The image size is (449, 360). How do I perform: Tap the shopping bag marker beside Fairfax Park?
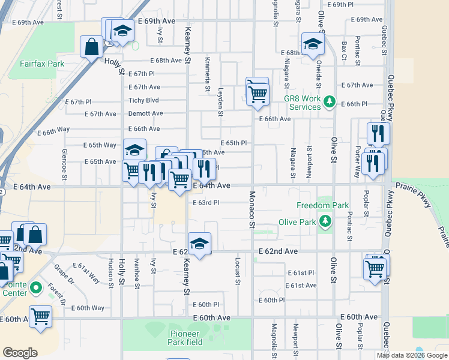pos(91,47)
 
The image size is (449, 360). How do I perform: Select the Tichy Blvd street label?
pos(143,100)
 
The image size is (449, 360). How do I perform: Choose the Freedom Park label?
pos(322,206)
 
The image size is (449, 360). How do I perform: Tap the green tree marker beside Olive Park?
pos(325,221)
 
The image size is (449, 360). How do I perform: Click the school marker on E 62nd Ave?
pos(199,243)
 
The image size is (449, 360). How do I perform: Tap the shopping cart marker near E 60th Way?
pos(40,315)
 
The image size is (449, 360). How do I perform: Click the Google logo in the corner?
pos(20,353)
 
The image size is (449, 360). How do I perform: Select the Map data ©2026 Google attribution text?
pos(411,355)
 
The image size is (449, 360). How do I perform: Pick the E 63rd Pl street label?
pos(205,203)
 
